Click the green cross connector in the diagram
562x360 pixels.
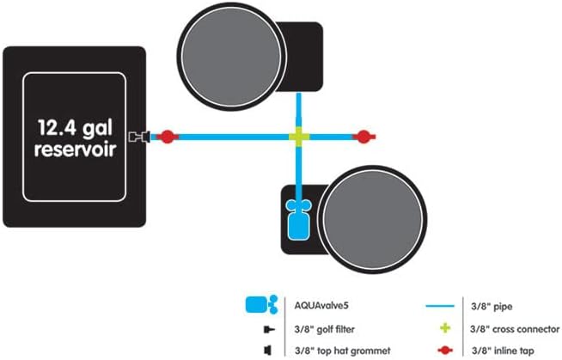point(299,137)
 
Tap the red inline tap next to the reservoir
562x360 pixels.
point(167,137)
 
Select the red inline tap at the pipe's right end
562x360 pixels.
point(364,137)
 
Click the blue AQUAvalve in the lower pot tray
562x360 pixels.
point(298,219)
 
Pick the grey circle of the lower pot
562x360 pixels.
point(373,219)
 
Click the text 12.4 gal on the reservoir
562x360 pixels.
point(75,128)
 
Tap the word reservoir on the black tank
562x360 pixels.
point(76,149)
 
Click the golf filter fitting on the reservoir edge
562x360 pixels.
point(139,137)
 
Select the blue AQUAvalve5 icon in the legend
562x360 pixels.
point(261,305)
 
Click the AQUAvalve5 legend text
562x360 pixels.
point(321,306)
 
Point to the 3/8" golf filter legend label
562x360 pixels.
point(324,329)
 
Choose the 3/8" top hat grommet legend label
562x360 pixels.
point(343,351)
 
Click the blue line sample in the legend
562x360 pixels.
point(440,306)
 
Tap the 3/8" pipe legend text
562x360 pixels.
point(492,307)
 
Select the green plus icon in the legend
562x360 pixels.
point(445,327)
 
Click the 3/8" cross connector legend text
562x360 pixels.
point(515,329)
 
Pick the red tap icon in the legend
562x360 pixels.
point(445,350)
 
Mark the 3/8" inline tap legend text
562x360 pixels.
point(503,351)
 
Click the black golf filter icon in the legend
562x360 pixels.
point(269,329)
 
